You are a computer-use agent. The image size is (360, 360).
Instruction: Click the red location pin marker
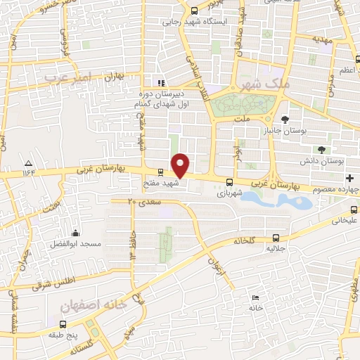tap(181, 165)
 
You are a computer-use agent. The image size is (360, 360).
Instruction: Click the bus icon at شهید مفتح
tap(161, 172)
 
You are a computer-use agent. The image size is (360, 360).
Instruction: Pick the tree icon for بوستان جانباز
tap(284, 119)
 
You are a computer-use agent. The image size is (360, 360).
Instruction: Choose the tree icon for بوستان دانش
tap(321, 150)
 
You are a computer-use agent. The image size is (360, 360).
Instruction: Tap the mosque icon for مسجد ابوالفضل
tap(76, 233)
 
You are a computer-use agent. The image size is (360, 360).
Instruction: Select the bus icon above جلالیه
tap(276, 238)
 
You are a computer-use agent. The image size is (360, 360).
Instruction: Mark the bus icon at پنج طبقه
tap(64, 325)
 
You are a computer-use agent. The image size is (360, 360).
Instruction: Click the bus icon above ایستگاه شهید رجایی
tap(194, 10)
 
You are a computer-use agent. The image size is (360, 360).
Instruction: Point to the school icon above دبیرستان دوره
tap(161, 81)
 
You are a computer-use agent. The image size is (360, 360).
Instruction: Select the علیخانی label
tap(344, 220)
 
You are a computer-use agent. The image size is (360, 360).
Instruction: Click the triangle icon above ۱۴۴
tap(27, 162)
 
